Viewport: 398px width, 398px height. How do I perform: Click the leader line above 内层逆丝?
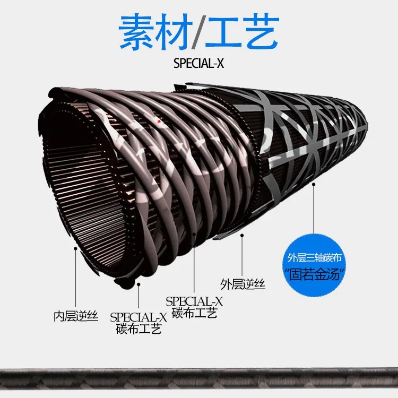[75, 276]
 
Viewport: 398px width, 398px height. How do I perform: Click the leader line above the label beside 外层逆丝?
[195, 265]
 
